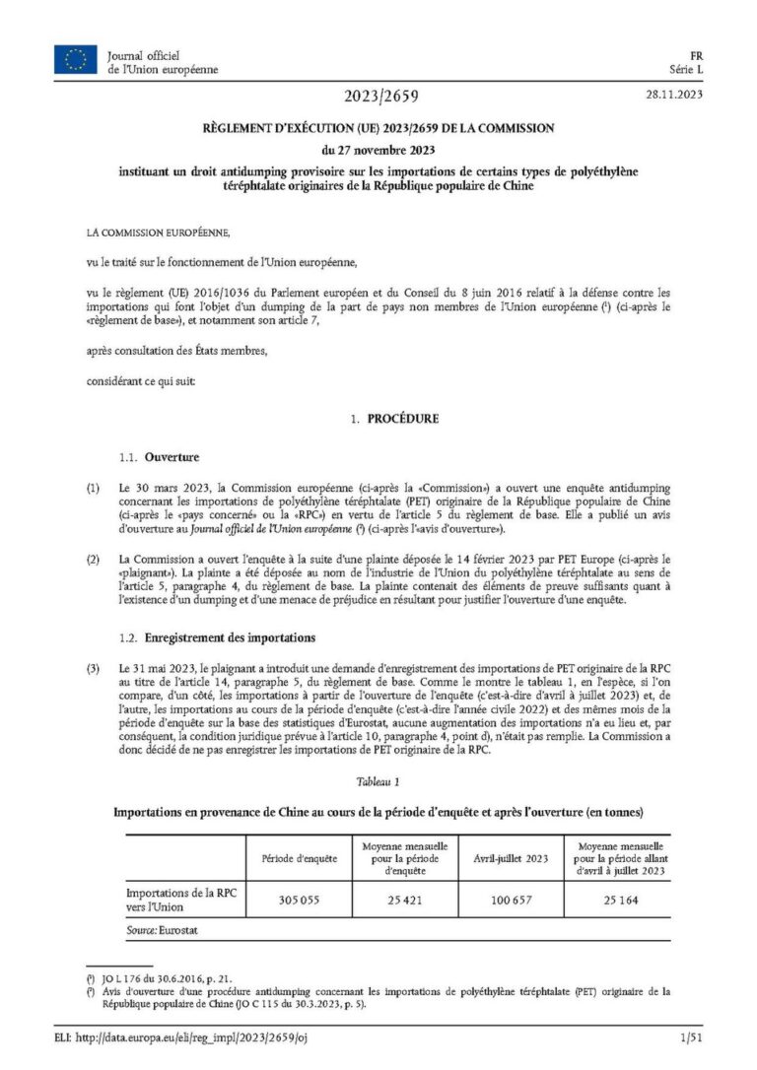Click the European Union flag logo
pos(75,61)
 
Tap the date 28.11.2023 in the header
pos(674,96)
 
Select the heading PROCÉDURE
pos(402,419)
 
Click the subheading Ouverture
pos(172,457)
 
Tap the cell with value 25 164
pos(616,900)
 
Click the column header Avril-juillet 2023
pos(510,858)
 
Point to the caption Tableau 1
pos(378,781)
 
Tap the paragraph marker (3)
pos(93,671)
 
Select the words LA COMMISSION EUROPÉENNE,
pos(158,233)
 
